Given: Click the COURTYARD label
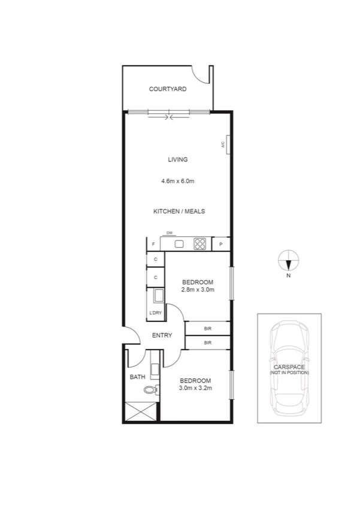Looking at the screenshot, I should pos(168,89).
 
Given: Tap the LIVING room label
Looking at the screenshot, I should pos(178,159).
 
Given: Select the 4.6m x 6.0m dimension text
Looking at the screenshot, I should pos(178,180).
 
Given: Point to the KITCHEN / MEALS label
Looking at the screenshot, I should pos(179,212).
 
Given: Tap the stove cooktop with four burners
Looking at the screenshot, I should pos(199,244).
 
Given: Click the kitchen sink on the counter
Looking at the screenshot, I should pos(179,243).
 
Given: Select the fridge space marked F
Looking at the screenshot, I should pos(154,244).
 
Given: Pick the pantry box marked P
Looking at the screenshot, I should pos(221,244).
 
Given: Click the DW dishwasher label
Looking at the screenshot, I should pos(170,233).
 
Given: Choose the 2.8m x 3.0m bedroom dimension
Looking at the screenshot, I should pos(197,290).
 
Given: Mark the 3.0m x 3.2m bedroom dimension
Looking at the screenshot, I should pos(196,388).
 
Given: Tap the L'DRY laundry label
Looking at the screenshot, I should pos(155,313).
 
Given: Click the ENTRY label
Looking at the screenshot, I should pos(162,335).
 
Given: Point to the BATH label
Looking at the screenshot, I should pos(137,377).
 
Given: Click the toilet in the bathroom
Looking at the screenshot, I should pos(150,390).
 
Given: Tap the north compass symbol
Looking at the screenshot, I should pos(288,261).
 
